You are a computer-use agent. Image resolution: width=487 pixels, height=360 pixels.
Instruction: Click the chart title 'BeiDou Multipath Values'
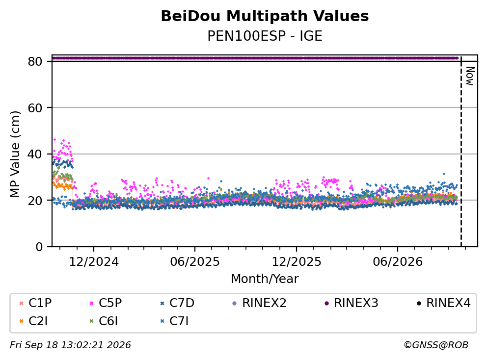pyautogui.click(x=265, y=16)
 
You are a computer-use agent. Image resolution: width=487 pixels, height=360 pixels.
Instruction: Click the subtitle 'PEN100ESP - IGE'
pyautogui.click(x=265, y=36)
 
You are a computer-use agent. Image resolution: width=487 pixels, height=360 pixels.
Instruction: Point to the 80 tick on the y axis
pyautogui.click(x=35, y=61)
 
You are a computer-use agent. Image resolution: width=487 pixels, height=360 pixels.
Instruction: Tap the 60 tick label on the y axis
pyautogui.click(x=35, y=108)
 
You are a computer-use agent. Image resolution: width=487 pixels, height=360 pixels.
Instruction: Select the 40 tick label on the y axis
pyautogui.click(x=35, y=154)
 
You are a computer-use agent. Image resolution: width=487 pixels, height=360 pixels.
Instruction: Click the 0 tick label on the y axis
pyautogui.click(x=39, y=247)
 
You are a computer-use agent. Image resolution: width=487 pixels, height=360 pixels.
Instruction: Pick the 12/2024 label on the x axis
pyautogui.click(x=93, y=262)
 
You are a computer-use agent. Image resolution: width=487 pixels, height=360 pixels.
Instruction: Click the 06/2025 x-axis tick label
pyautogui.click(x=195, y=262)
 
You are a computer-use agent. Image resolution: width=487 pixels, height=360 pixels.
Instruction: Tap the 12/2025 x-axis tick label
pyautogui.click(x=297, y=262)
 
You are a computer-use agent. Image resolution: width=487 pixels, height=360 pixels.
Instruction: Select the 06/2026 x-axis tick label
pyautogui.click(x=398, y=262)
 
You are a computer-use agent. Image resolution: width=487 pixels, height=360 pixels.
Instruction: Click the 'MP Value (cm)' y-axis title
pyautogui.click(x=15, y=154)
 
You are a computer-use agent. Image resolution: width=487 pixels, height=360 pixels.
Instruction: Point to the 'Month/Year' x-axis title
pyautogui.click(x=265, y=279)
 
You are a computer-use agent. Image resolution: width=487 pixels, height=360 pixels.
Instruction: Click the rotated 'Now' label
pyautogui.click(x=470, y=76)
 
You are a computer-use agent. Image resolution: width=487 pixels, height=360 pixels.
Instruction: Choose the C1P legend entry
pyautogui.click(x=35, y=303)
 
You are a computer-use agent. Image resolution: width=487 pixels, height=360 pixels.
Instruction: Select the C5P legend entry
pyautogui.click(x=106, y=303)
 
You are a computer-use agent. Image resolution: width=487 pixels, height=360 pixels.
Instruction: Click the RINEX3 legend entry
pyautogui.click(x=352, y=303)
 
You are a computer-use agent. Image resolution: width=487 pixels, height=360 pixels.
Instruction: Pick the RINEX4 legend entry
pyautogui.click(x=443, y=303)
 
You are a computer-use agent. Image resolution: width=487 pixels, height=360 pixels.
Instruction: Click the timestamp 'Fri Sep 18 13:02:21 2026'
pyautogui.click(x=71, y=345)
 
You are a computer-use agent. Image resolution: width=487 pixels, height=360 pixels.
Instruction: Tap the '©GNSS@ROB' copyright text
pyautogui.click(x=436, y=345)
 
